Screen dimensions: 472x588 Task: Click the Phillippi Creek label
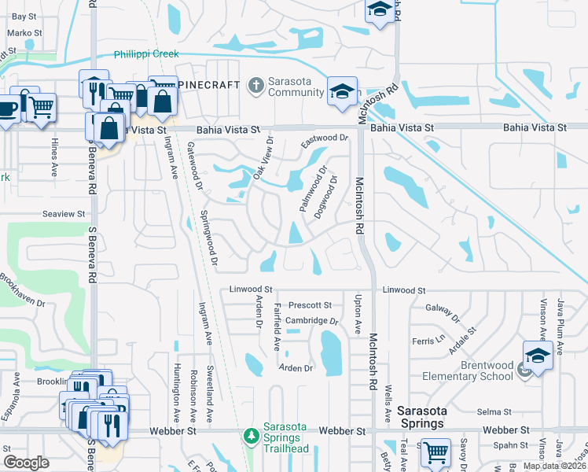(146, 54)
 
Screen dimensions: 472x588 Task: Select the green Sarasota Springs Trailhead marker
(251, 435)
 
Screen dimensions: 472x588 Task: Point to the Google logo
(26, 462)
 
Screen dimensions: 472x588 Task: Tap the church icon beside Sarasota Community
(255, 85)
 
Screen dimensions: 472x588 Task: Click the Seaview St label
(63, 214)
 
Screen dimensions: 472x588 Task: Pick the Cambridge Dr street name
(311, 321)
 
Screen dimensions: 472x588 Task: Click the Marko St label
(24, 33)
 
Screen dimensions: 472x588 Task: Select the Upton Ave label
(358, 312)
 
